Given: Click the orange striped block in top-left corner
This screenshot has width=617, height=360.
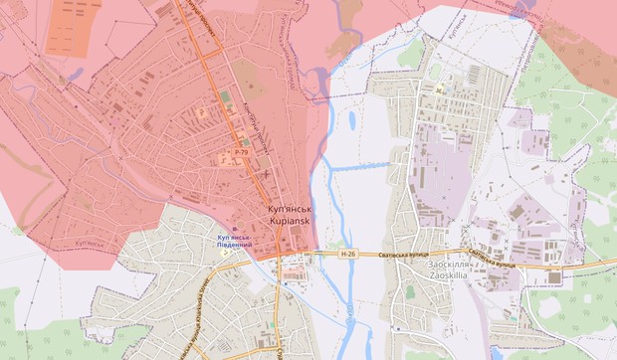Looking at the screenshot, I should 74,20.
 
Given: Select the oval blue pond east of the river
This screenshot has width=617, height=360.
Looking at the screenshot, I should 352,121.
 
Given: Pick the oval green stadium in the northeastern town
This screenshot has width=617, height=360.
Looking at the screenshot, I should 435,71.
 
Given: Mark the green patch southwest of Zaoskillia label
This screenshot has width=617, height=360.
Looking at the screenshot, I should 409,293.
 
